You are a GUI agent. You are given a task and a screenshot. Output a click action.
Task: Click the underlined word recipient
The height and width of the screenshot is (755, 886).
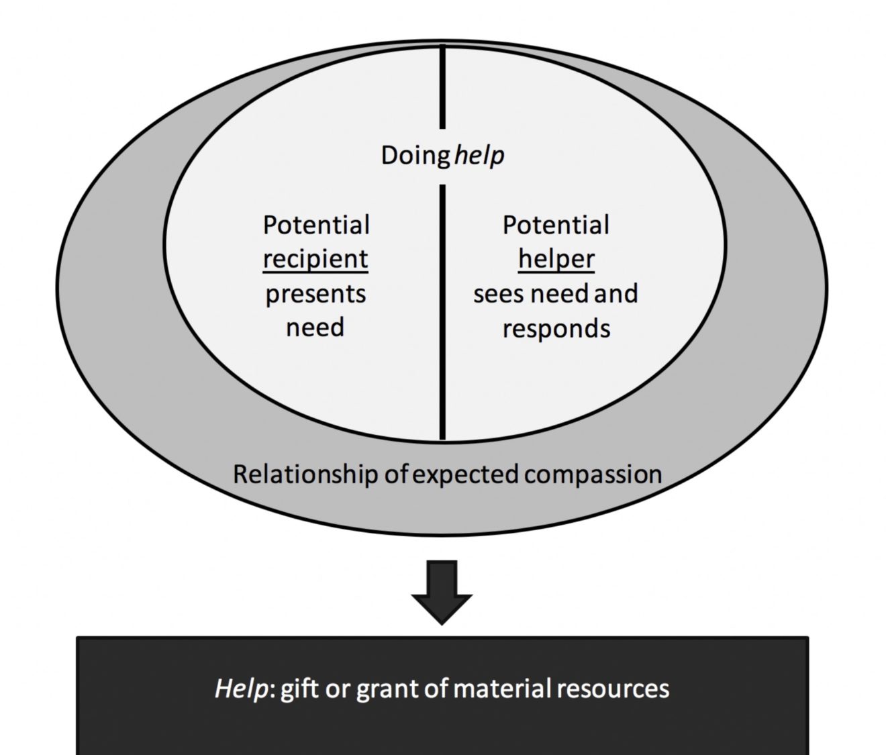(315, 259)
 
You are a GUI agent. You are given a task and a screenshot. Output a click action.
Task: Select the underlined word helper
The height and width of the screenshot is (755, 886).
(556, 259)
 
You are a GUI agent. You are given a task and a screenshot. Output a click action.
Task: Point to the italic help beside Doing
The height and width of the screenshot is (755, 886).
(479, 156)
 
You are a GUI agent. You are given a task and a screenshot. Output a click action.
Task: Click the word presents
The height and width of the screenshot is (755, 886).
(315, 294)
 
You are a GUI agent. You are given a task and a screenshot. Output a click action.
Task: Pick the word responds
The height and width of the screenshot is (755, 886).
(556, 329)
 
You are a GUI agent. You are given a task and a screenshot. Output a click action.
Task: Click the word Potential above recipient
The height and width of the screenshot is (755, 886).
(315, 225)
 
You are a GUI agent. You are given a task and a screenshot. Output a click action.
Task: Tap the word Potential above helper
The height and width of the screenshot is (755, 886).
(556, 225)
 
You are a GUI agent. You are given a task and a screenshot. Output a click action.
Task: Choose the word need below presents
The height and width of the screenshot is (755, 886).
(315, 328)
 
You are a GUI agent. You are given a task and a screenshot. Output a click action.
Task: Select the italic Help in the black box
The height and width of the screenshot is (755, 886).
(241, 689)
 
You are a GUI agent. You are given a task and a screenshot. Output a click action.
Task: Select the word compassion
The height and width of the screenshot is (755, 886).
(593, 474)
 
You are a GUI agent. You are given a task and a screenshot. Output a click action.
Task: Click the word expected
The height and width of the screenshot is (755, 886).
(465, 474)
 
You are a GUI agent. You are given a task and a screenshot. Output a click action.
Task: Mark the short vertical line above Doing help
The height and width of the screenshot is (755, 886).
(442, 86)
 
